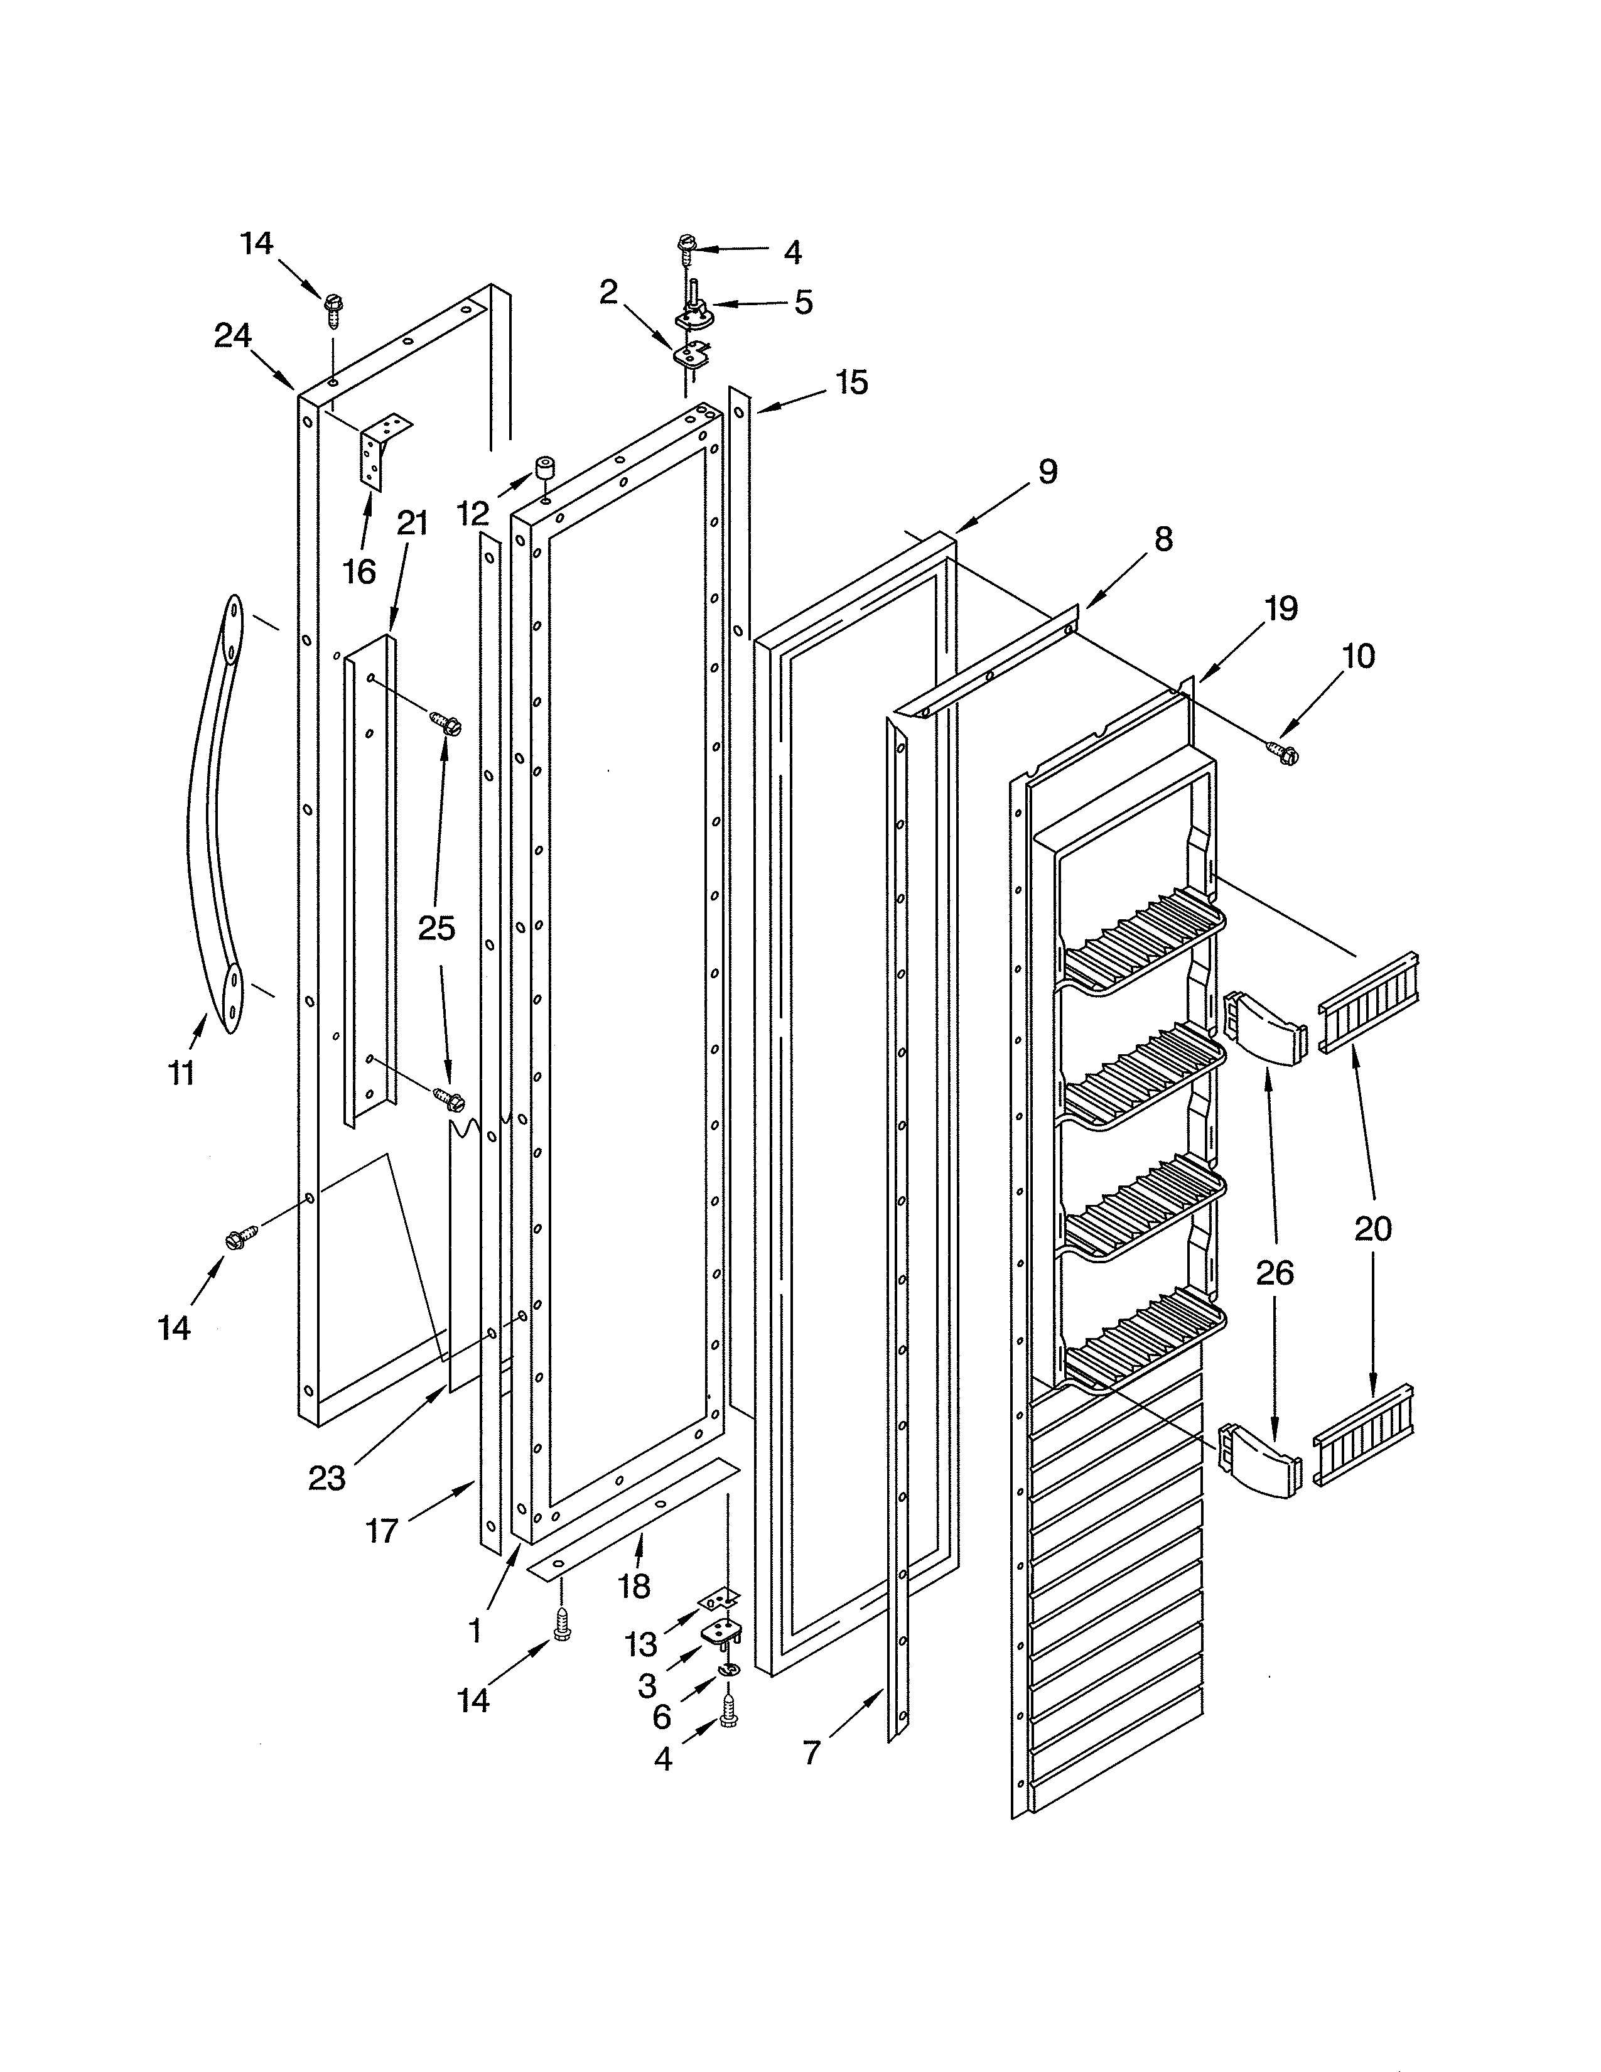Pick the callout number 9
click(1047, 472)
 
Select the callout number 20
click(1372, 1229)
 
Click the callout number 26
click(1274, 1272)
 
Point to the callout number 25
click(436, 928)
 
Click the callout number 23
click(327, 1478)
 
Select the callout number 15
click(852, 382)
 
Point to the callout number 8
click(1163, 539)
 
